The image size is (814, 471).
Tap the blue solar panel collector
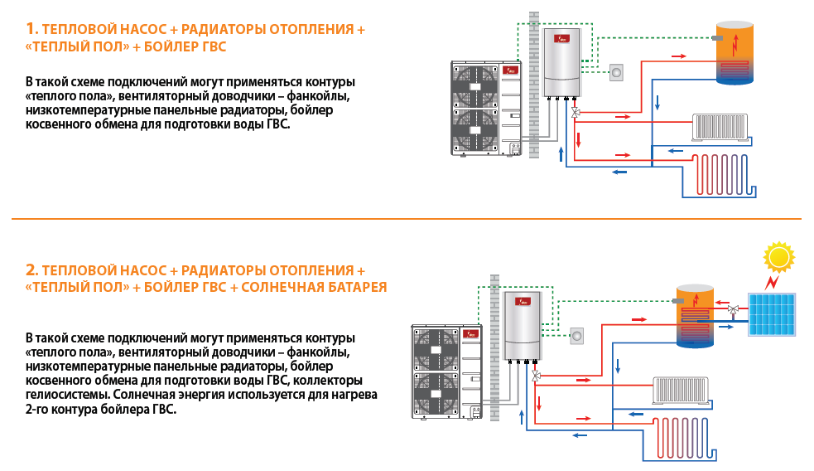[773, 314]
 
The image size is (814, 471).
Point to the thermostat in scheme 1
[616, 72]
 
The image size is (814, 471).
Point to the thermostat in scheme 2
[576, 334]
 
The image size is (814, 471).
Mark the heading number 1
[32, 29]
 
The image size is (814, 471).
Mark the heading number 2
[32, 270]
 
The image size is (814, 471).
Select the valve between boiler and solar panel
[734, 311]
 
